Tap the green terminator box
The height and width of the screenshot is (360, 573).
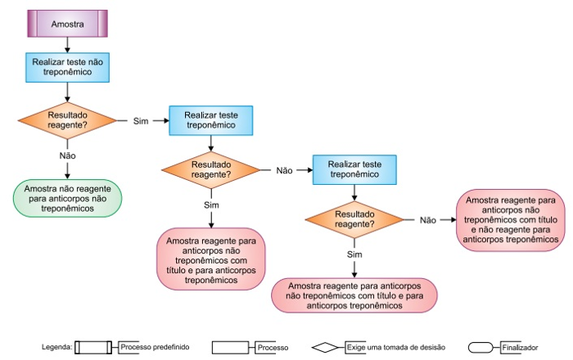tap(68, 198)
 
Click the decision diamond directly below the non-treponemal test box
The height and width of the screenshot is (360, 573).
tap(67, 120)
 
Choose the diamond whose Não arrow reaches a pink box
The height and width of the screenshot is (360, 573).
tap(354, 219)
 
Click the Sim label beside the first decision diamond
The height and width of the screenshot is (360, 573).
tap(140, 121)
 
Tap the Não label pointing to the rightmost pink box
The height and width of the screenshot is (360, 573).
tap(427, 220)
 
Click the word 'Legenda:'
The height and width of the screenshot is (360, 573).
tap(57, 348)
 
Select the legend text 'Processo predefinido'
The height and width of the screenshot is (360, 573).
tap(153, 348)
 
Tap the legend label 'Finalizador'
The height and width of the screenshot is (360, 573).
tap(521, 348)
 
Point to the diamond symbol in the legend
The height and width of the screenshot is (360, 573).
tap(327, 348)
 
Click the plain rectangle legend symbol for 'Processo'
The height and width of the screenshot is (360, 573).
tap(232, 348)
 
